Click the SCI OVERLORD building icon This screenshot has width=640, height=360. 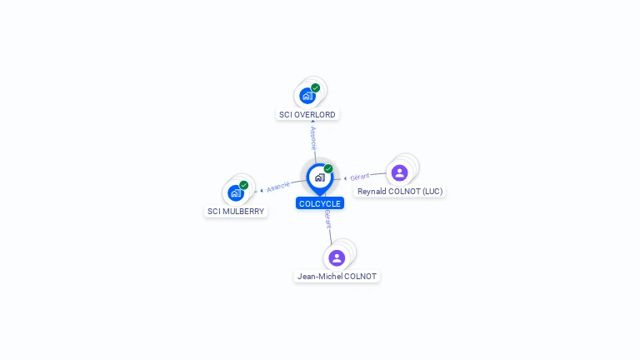tap(307, 96)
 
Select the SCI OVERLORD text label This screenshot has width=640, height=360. tap(307, 114)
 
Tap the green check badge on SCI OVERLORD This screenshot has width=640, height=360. tap(316, 87)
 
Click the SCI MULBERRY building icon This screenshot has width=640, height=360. tap(236, 193)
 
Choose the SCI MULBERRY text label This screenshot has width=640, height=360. tap(236, 212)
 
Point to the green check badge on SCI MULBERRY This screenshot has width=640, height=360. tap(244, 185)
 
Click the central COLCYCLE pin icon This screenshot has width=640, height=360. tap(319, 177)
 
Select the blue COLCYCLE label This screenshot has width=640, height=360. tap(320, 203)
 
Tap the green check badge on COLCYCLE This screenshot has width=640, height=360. tap(328, 169)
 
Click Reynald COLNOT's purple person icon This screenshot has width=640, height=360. tap(400, 172)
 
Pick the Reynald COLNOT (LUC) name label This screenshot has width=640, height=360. tap(400, 192)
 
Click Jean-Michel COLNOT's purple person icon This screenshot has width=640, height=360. tap(337, 257)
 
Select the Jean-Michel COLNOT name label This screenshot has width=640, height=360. tap(337, 277)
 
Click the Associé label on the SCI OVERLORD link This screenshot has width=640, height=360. tap(313, 137)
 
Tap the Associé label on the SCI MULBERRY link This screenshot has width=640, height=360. tap(278, 187)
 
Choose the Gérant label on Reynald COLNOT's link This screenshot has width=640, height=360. tap(360, 177)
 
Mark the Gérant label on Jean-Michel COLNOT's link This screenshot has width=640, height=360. tap(328, 219)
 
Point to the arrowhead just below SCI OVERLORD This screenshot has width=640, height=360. tap(312, 122)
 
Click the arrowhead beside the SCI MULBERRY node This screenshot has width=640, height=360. tap(261, 191)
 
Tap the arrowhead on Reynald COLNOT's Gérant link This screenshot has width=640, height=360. tap(345, 178)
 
